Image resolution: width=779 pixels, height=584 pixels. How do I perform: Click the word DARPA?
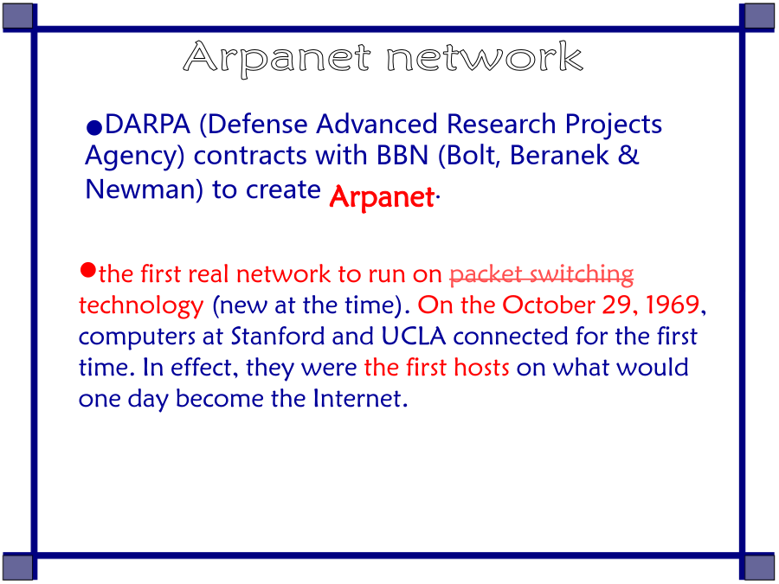[x=147, y=124]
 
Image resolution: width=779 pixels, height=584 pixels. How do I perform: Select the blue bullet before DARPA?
[x=93, y=128]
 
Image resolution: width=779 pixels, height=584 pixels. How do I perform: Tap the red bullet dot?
[x=87, y=271]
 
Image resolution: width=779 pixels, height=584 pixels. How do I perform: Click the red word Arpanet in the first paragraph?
[x=382, y=197]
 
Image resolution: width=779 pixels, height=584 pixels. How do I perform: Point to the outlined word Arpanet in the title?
[x=277, y=59]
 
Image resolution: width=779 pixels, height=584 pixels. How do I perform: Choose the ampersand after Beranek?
[x=628, y=155]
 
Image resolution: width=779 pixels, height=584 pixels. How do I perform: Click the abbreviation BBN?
[x=402, y=156]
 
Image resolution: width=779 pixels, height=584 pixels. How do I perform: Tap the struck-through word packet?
[x=486, y=274]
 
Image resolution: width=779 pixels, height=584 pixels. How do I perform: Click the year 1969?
[x=673, y=305]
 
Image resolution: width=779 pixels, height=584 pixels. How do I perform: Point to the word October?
[x=548, y=305]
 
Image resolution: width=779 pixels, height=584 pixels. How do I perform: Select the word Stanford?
[x=278, y=337]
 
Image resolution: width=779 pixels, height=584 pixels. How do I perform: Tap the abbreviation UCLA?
[x=414, y=337]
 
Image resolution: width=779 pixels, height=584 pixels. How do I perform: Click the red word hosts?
[x=481, y=368]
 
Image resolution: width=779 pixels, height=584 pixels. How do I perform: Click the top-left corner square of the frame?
[x=18, y=16]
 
